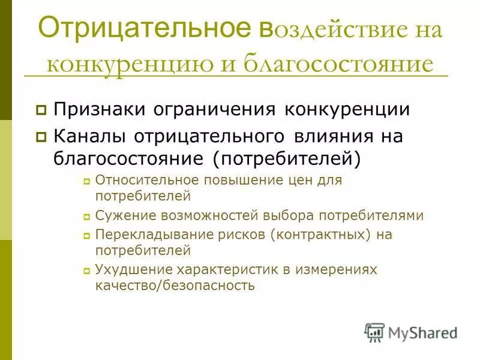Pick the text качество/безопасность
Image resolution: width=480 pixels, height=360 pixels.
coord(175,286)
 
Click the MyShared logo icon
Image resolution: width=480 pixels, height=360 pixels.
coord(374,332)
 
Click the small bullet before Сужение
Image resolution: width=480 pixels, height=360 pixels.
coord(86,217)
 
